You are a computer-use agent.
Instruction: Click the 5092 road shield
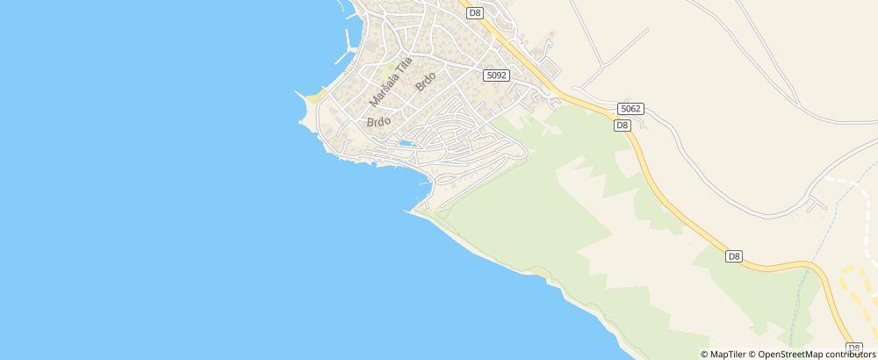[x=494, y=76]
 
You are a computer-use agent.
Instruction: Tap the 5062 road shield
[x=630, y=108]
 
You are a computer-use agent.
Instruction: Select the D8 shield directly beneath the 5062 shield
[x=622, y=125]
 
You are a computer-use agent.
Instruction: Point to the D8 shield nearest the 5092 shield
[x=475, y=12]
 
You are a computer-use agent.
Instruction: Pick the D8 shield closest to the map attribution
[x=853, y=348]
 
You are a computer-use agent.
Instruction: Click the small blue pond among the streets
[x=407, y=143]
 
